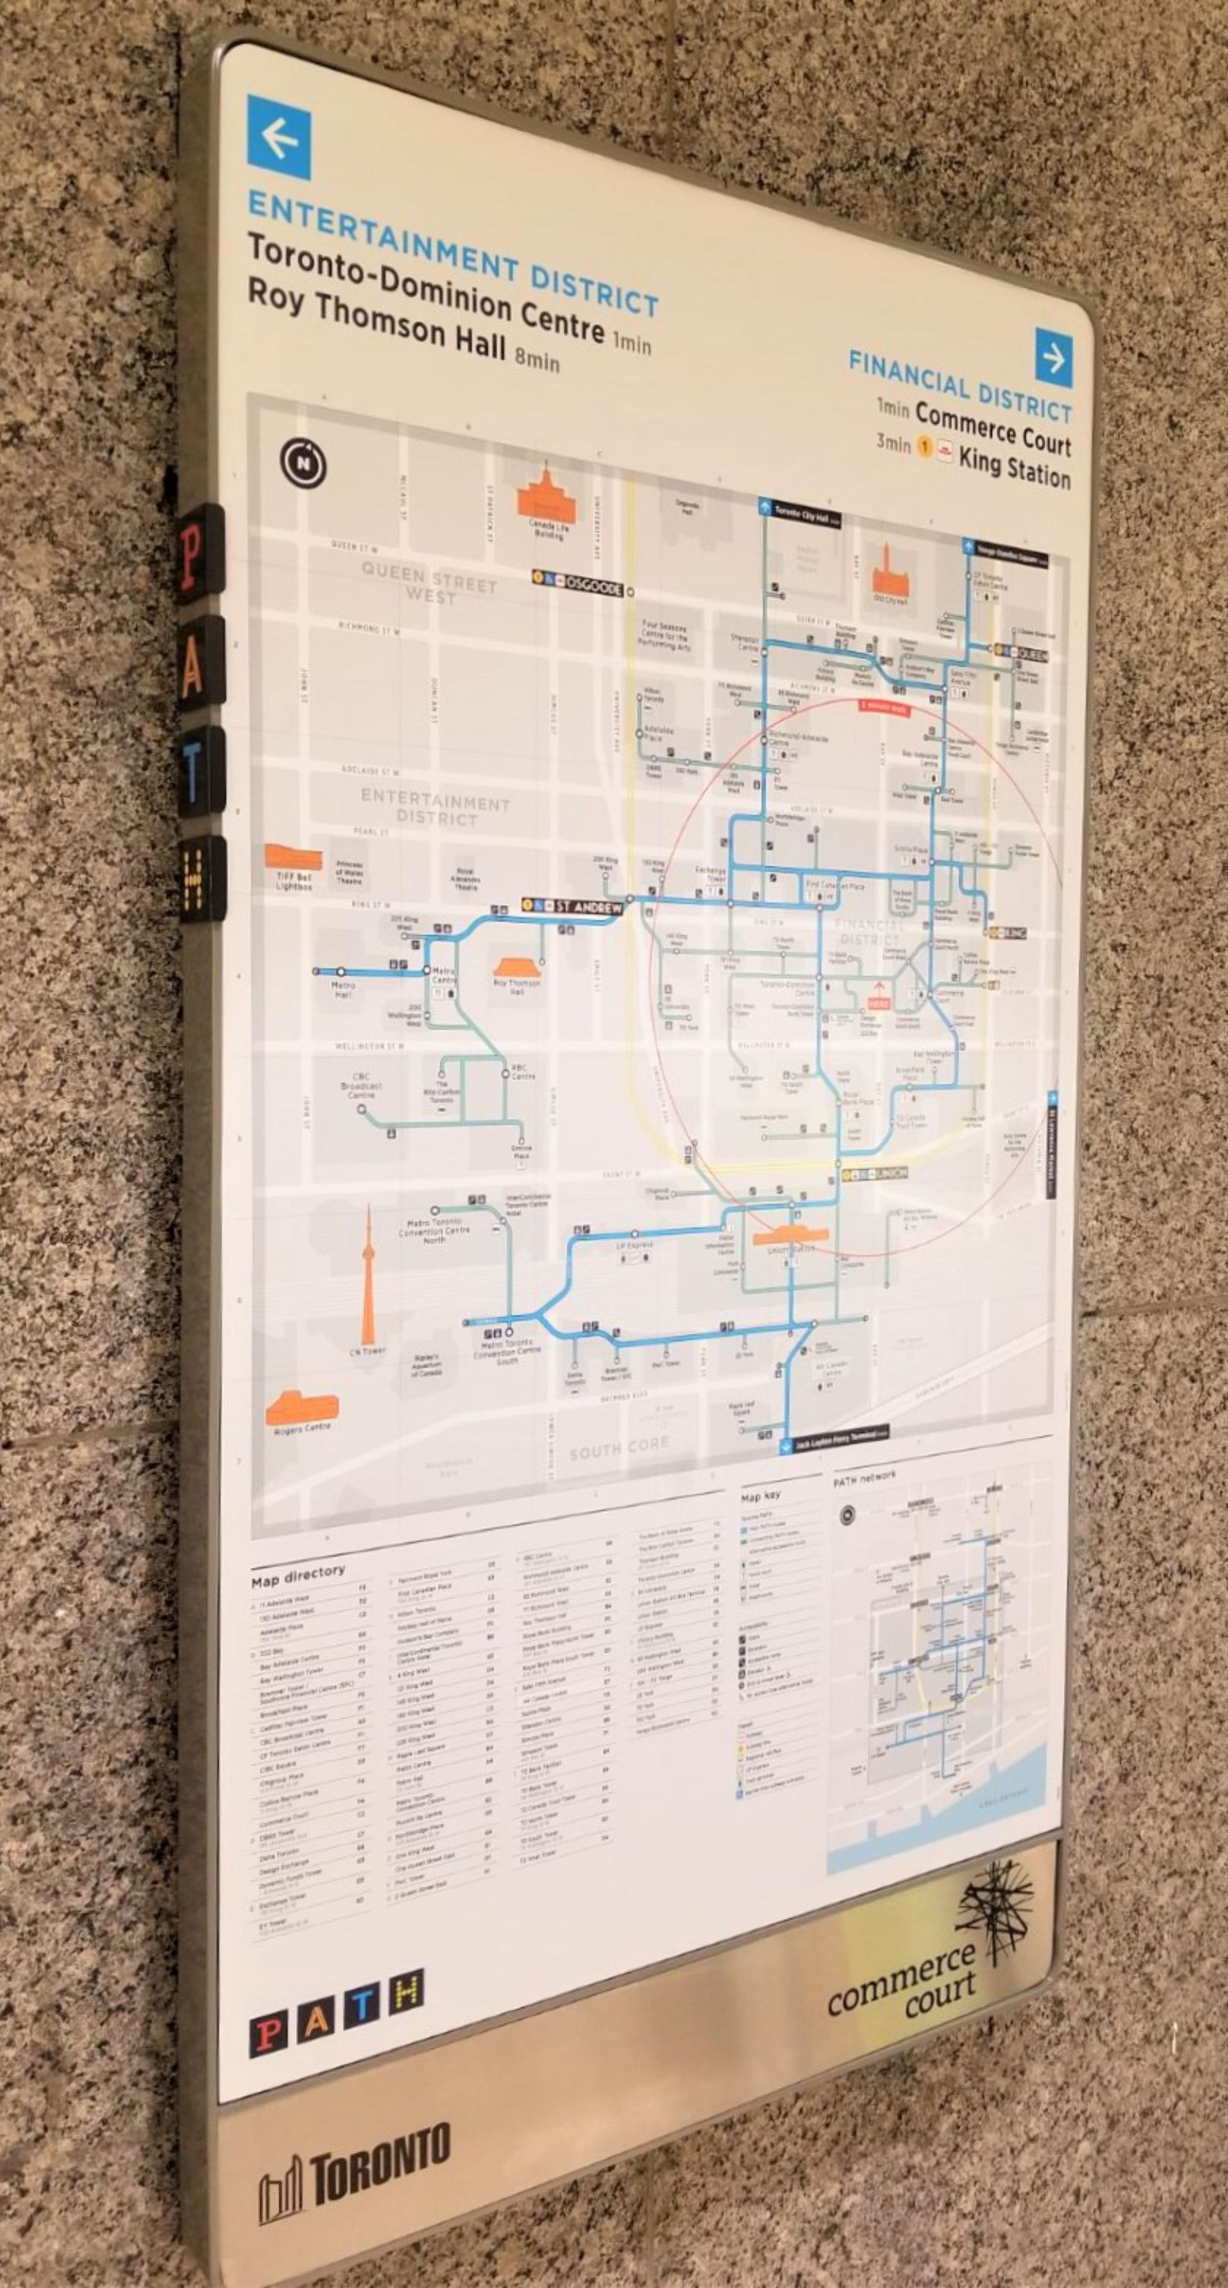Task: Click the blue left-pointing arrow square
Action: pos(279,138)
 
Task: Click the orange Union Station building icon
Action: pos(790,1236)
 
